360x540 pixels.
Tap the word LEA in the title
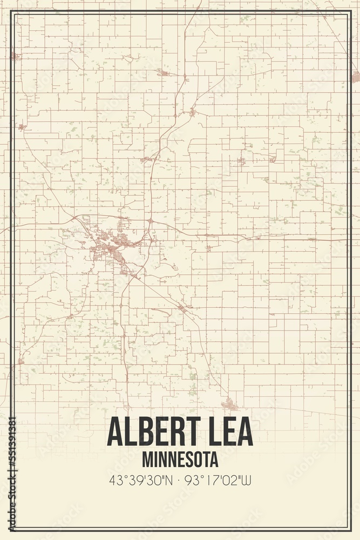click(x=230, y=431)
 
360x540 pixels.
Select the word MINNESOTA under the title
click(x=181, y=460)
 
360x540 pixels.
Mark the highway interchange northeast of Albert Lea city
click(x=150, y=221)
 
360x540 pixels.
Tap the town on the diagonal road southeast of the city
click(x=182, y=308)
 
